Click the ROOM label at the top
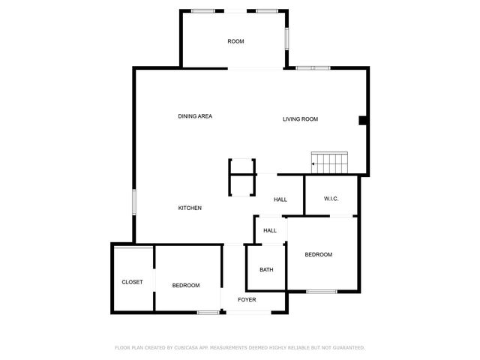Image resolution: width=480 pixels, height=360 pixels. (235, 41)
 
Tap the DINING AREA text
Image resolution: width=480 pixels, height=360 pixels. (195, 116)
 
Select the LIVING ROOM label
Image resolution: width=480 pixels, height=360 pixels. (300, 119)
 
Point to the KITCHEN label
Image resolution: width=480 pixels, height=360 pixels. (189, 208)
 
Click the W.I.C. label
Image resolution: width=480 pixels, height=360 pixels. (331, 199)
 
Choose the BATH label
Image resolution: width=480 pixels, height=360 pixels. (266, 270)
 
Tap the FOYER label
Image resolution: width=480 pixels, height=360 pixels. (247, 300)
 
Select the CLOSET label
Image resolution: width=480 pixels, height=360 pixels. (132, 282)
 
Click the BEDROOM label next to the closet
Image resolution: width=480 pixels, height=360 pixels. (185, 286)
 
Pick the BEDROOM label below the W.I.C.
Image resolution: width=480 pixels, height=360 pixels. (318, 255)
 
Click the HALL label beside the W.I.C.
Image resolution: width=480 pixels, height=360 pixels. (280, 199)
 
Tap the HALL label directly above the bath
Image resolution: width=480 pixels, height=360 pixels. (270, 231)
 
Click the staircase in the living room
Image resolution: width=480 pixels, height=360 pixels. (331, 163)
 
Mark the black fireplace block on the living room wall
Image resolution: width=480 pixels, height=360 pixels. (362, 121)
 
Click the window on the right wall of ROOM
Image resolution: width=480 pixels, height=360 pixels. (286, 38)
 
